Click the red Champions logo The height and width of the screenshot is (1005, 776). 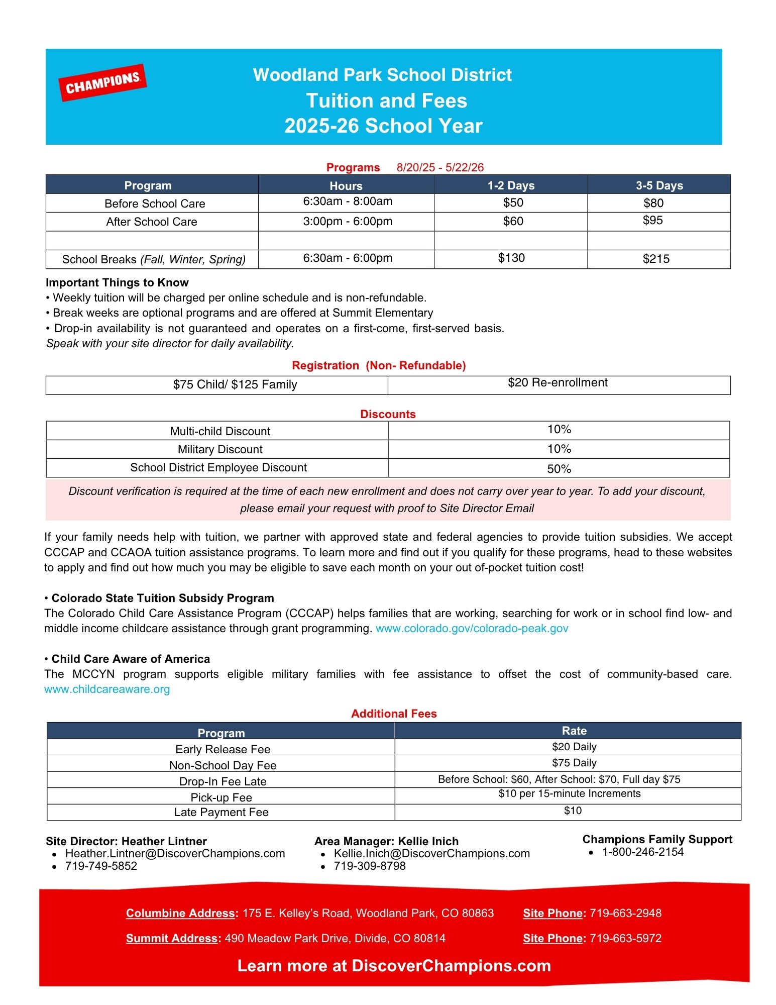coord(103,82)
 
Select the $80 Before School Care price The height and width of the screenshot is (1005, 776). coord(653,203)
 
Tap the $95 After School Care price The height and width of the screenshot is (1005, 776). coord(652,221)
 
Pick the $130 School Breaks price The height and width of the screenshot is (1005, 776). coord(511,258)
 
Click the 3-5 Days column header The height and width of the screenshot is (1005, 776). coord(659,185)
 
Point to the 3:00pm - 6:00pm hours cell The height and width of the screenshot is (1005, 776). coord(347,222)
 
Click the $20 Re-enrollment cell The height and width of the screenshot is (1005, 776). coord(558,383)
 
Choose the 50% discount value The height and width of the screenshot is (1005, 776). coord(559,469)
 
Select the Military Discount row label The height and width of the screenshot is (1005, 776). coord(220,449)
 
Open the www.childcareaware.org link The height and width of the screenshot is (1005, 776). coord(107,689)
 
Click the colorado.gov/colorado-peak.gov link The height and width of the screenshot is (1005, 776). coord(472,628)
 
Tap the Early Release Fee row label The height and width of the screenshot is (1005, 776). coord(223,749)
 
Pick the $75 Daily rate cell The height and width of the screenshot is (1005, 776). coord(574,763)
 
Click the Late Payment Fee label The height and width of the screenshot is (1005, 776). coord(221,812)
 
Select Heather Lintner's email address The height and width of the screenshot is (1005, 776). coord(175,853)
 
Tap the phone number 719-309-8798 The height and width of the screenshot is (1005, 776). coord(369,866)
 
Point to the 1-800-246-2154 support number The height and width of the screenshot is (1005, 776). coord(642,852)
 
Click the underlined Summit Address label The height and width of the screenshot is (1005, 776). coord(171,938)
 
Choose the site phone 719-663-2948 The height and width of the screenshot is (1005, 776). coord(625,913)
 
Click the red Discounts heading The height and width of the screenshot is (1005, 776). coord(388,414)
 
